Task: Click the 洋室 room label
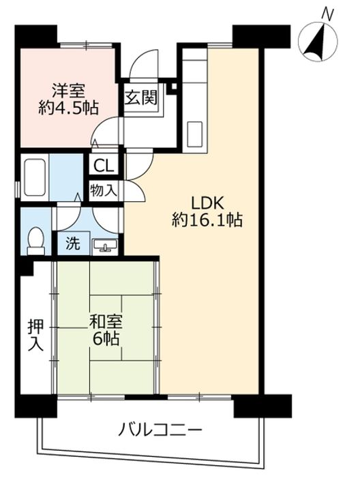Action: pos(68,91)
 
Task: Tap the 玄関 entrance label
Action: pos(141,98)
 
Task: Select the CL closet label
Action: pos(104,166)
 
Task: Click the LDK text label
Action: pos(207,203)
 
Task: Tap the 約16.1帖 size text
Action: pos(207,220)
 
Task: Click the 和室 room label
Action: pos(106,322)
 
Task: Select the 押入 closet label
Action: pos(35,335)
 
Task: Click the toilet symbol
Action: pos(35,241)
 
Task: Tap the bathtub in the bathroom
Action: pos(35,177)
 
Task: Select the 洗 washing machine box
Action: pos(73,243)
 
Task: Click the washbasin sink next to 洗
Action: pos(105,245)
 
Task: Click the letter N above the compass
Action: pos(328,14)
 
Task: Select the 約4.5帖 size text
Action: pos(68,108)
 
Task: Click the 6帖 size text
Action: pos(106,338)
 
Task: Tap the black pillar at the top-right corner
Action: pos(261,36)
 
